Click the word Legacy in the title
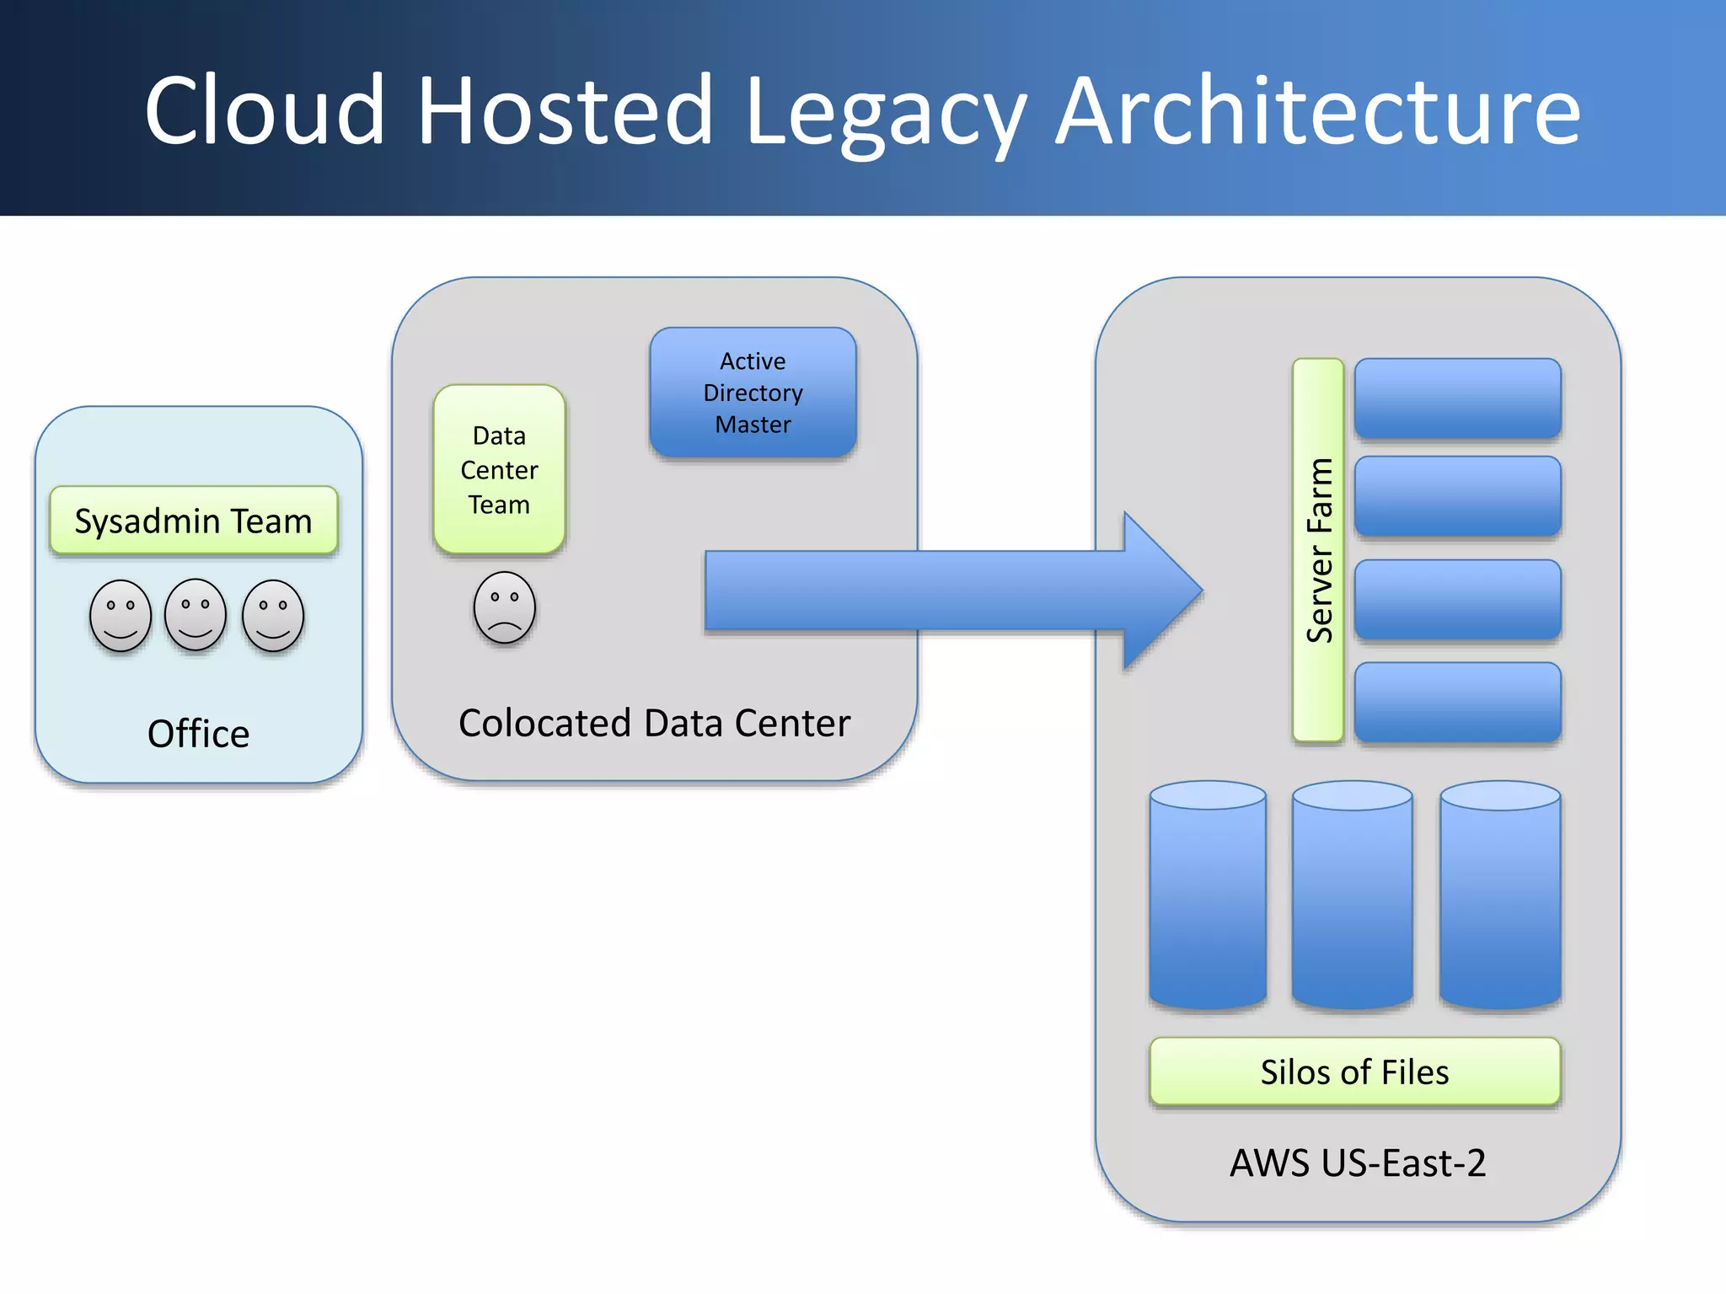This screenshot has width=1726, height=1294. (885, 114)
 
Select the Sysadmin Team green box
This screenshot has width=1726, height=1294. (194, 521)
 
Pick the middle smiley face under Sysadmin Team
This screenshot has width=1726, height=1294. (196, 615)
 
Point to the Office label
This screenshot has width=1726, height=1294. (199, 734)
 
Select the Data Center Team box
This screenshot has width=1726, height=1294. (499, 469)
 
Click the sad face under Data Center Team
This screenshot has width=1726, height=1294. (504, 607)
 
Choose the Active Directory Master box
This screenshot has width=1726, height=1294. (753, 393)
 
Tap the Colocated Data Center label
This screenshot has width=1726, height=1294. (654, 724)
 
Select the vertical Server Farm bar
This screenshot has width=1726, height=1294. (1318, 550)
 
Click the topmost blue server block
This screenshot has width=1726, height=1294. (1457, 398)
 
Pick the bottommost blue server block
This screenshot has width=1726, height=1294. (1457, 702)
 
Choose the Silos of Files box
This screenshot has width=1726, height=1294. (1354, 1072)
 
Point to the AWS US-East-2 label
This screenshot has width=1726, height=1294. (1358, 1163)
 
